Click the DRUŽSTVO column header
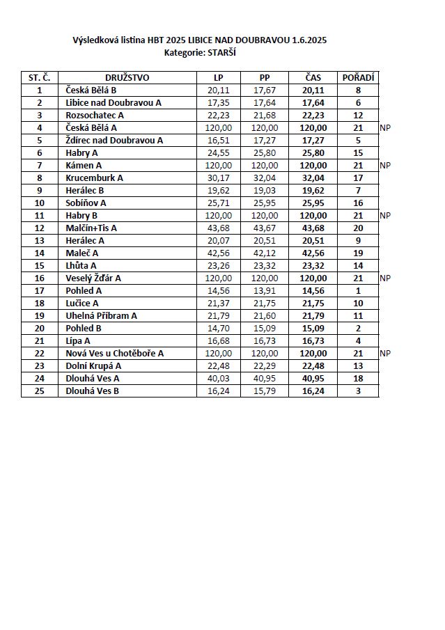click(x=127, y=77)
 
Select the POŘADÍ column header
click(x=358, y=77)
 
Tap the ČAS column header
click(x=313, y=77)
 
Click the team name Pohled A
click(x=84, y=290)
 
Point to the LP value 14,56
click(x=219, y=290)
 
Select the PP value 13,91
click(x=265, y=290)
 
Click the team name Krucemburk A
click(x=94, y=178)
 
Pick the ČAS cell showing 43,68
click(x=313, y=228)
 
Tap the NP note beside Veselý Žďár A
click(x=385, y=278)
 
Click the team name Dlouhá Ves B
click(x=92, y=391)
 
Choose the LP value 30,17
click(x=219, y=178)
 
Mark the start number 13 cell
click(x=40, y=240)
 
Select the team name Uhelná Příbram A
click(x=101, y=315)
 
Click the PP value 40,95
click(x=265, y=378)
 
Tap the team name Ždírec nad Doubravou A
click(x=114, y=140)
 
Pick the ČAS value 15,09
click(x=313, y=328)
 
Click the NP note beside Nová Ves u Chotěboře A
click(x=385, y=353)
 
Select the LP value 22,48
click(x=219, y=365)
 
